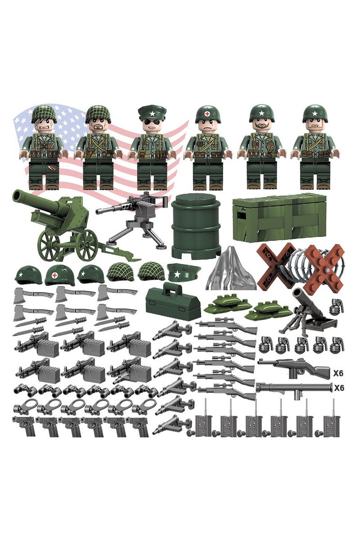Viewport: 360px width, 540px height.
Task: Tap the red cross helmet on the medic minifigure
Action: pos(207,114)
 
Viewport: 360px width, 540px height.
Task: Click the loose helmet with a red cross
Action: pos(59,274)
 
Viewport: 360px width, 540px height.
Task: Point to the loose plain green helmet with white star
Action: pos(28,274)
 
